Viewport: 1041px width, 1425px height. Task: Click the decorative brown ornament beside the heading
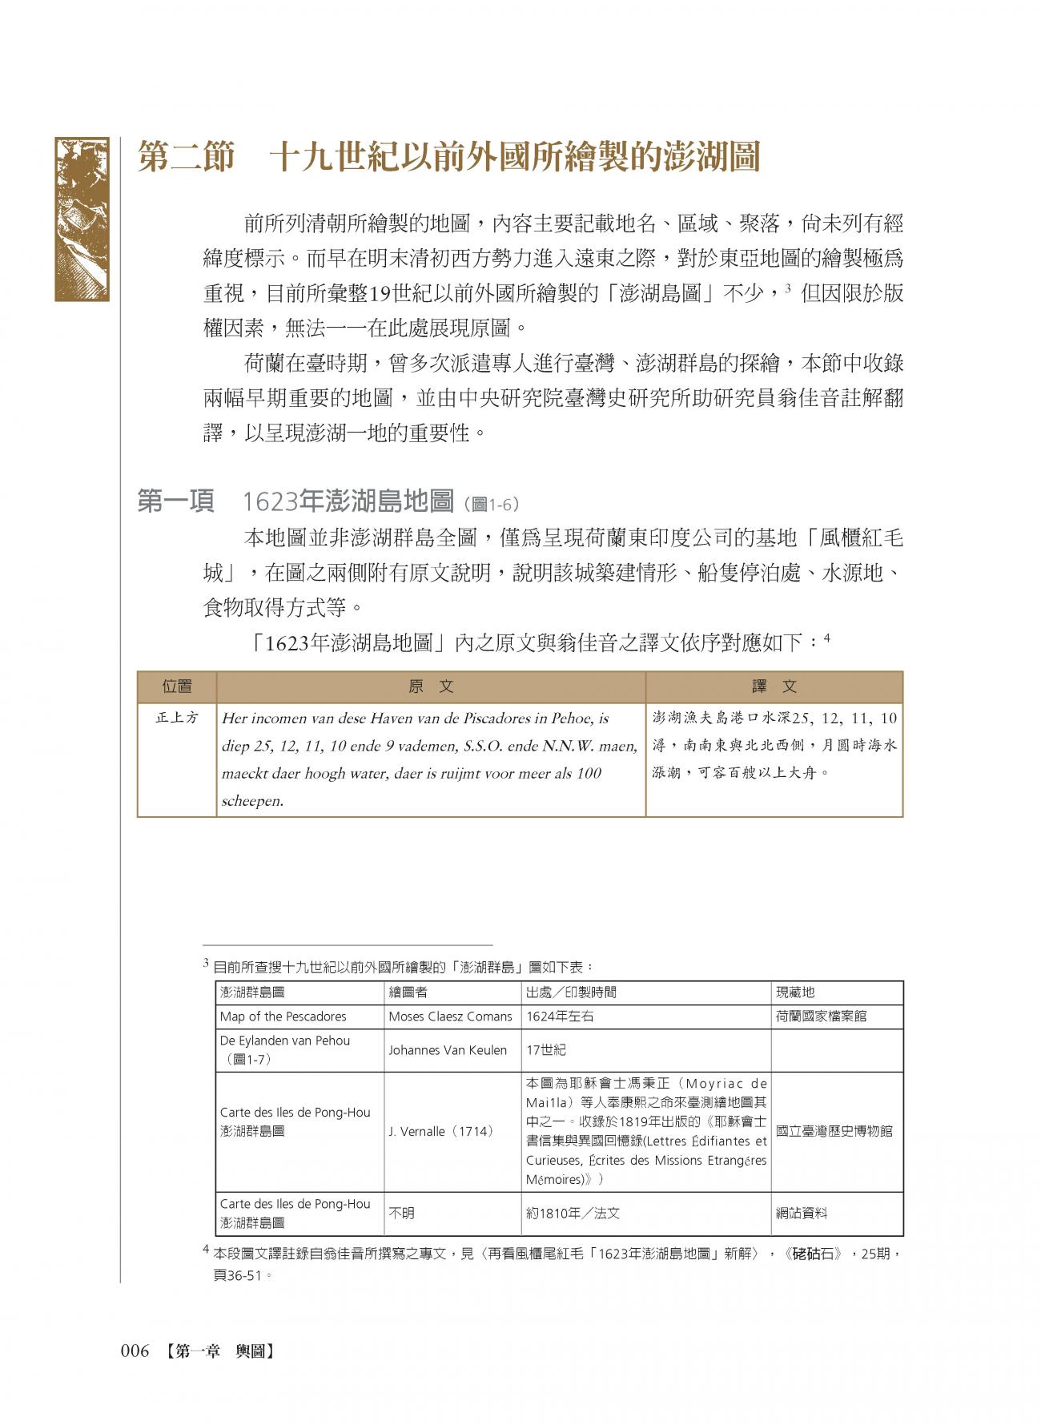pyautogui.click(x=82, y=219)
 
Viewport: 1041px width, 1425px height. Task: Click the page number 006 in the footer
pyautogui.click(x=135, y=1351)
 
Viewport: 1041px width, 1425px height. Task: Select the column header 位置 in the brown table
pyautogui.click(x=177, y=686)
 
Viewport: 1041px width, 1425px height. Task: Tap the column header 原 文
pyautogui.click(x=431, y=686)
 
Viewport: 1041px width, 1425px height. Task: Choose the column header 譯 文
pyautogui.click(x=774, y=686)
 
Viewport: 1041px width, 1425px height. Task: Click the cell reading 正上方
pyautogui.click(x=177, y=718)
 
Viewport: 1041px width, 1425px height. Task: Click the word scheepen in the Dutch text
pyautogui.click(x=253, y=800)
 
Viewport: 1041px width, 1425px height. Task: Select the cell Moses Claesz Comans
pyautogui.click(x=450, y=1016)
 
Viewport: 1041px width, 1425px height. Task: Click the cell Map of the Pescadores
pyautogui.click(x=283, y=1016)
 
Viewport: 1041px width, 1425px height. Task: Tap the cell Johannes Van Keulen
pyautogui.click(x=448, y=1050)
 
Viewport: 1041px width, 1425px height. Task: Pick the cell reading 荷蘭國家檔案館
pyautogui.click(x=821, y=1016)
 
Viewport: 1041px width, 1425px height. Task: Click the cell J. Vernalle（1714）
pyautogui.click(x=440, y=1132)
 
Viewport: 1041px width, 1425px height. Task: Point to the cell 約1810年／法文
pyautogui.click(x=573, y=1214)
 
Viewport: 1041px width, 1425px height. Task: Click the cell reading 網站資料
pyautogui.click(x=802, y=1214)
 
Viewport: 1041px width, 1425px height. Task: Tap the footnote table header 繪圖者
pyautogui.click(x=408, y=992)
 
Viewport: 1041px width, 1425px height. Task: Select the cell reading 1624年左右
pyautogui.click(x=560, y=1016)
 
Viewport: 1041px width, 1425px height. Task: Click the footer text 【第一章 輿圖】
pyautogui.click(x=216, y=1351)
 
